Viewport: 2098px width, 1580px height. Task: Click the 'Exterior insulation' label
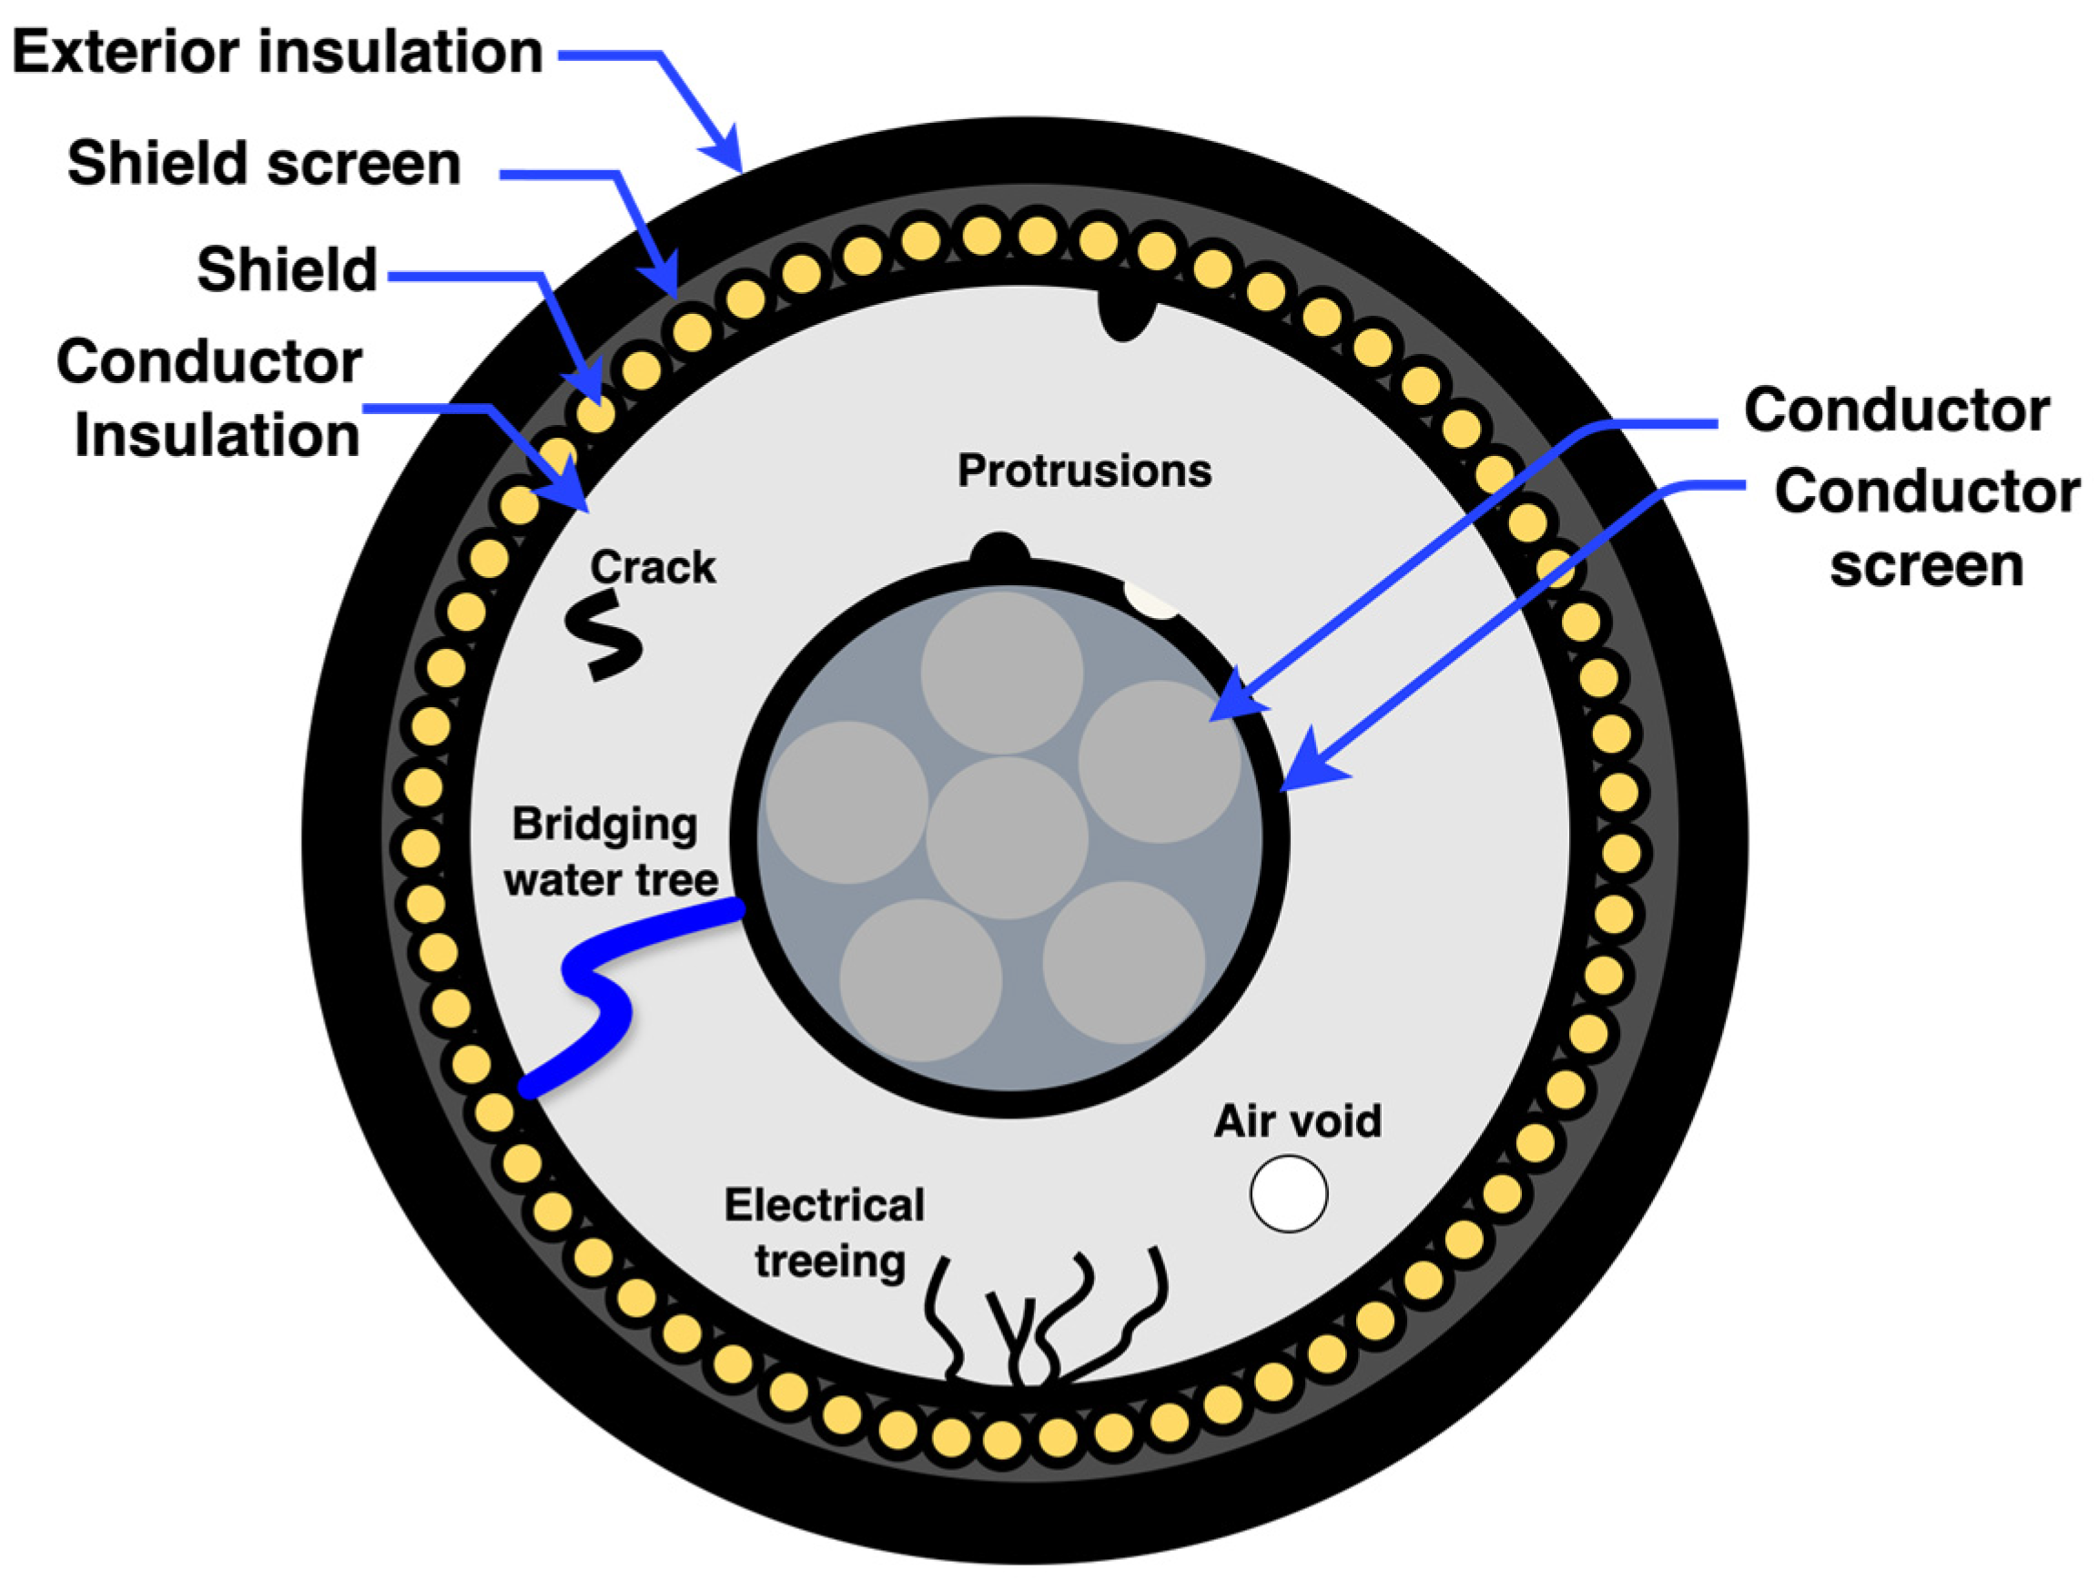pos(277,51)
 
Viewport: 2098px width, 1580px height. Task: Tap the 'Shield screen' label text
pos(264,163)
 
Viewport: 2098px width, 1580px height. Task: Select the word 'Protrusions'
pos(1084,471)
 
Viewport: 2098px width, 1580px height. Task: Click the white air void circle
pos(1288,1193)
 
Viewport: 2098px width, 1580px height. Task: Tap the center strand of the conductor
pos(1007,837)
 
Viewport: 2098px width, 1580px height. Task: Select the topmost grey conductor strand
pos(1001,672)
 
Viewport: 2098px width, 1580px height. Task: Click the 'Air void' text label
pos(1298,1121)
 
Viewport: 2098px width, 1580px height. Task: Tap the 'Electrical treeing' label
pos(826,1233)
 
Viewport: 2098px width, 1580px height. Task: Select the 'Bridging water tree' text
pos(610,852)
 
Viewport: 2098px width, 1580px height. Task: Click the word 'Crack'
pos(653,567)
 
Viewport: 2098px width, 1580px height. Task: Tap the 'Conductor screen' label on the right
pos(1925,527)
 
